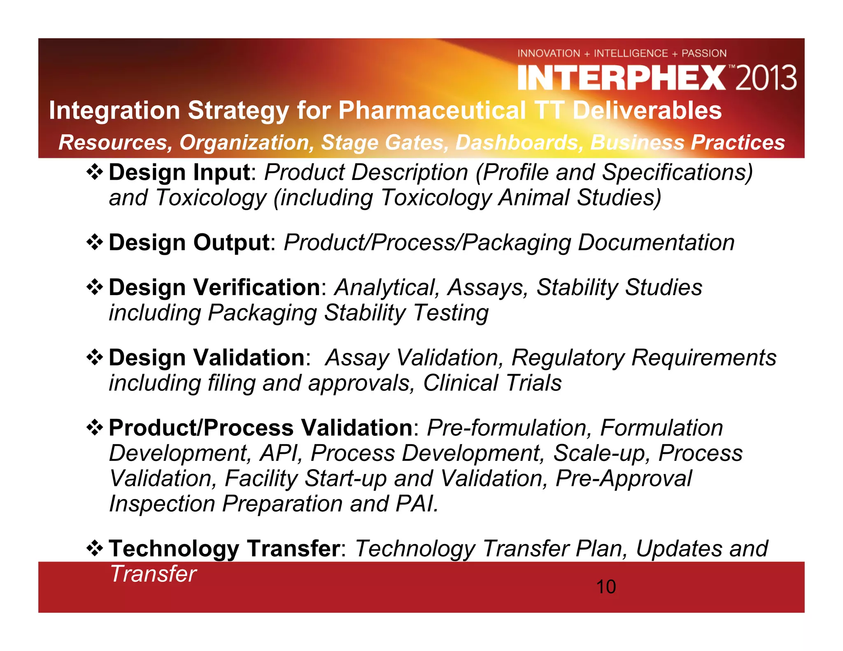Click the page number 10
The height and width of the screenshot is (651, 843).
point(606,587)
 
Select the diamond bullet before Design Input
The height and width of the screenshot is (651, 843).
point(95,172)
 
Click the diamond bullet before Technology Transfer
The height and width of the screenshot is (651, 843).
point(95,549)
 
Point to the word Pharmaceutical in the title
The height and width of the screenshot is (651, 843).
point(432,110)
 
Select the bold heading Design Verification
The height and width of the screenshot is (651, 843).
point(214,287)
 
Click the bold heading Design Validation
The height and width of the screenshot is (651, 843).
point(207,358)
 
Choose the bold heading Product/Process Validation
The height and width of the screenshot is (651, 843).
point(261,428)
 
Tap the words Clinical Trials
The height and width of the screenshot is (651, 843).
point(492,383)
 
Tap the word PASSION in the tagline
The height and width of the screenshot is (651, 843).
point(704,53)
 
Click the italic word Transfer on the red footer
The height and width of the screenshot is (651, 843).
point(153,574)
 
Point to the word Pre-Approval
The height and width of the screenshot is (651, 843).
point(624,479)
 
